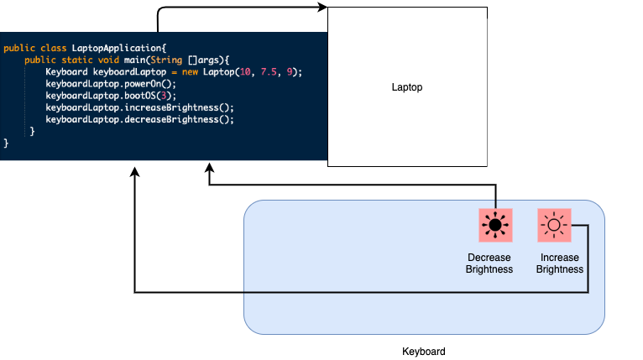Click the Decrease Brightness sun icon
pyautogui.click(x=495, y=225)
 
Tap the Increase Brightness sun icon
pyautogui.click(x=554, y=225)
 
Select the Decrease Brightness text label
pyautogui.click(x=489, y=263)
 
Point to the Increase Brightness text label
pyautogui.click(x=560, y=263)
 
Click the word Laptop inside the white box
pyautogui.click(x=407, y=87)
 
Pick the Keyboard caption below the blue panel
pyautogui.click(x=424, y=352)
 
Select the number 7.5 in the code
pyautogui.click(x=269, y=72)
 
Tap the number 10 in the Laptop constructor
pyautogui.click(x=245, y=72)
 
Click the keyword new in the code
pyautogui.click(x=190, y=72)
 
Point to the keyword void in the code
pyautogui.click(x=108, y=60)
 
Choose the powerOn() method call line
pyautogui.click(x=111, y=84)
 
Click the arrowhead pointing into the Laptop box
pyautogui.click(x=322, y=7)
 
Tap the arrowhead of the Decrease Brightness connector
pyautogui.click(x=209, y=168)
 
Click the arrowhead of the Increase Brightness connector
pyautogui.click(x=134, y=172)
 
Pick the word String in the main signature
pyautogui.click(x=166, y=60)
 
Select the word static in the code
pyautogui.click(x=77, y=60)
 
